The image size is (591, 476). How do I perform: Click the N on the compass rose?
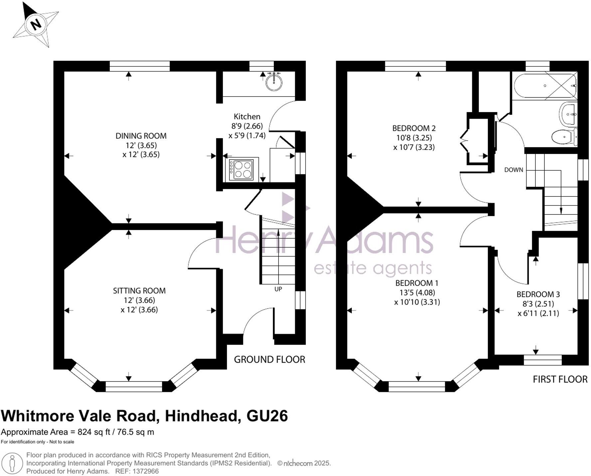(36, 24)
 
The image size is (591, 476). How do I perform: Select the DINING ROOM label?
(141, 136)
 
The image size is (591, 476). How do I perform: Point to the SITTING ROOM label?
(139, 291)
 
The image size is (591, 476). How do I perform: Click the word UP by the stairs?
(278, 289)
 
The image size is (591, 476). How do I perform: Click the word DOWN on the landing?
(513, 170)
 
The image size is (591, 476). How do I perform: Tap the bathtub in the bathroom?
(544, 86)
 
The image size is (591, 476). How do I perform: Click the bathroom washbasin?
(568, 114)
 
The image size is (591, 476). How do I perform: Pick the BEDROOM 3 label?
(538, 294)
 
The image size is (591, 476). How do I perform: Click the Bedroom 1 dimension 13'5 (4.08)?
(417, 293)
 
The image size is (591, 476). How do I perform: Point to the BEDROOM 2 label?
(414, 128)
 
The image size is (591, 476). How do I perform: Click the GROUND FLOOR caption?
(269, 359)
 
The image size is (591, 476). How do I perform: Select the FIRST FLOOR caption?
(560, 379)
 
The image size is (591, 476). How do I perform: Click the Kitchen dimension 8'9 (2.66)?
(247, 126)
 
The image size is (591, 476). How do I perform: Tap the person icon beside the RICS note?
(12, 462)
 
